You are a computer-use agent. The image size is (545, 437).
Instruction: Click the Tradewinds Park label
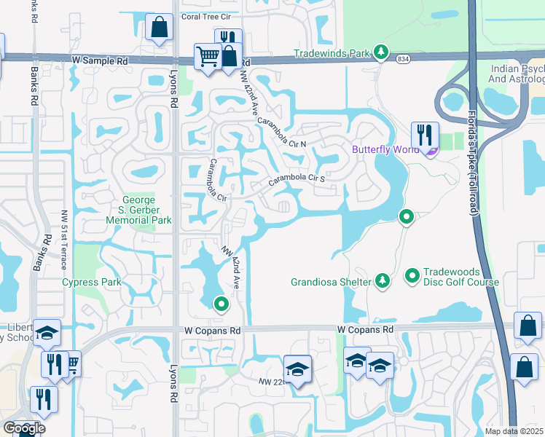coord(332,52)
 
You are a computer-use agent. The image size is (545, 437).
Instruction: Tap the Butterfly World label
coord(385,150)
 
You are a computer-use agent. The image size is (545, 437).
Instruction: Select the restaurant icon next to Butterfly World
coord(424,135)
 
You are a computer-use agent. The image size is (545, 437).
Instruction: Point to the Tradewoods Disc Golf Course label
coord(452,276)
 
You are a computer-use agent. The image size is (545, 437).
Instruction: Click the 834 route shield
coord(402,58)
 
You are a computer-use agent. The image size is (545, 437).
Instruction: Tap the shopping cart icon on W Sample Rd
coord(208,57)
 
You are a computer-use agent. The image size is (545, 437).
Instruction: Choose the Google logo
coord(23,428)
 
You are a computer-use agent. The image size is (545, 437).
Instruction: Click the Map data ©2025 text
coord(514,431)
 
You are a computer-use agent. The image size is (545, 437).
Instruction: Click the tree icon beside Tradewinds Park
coord(380,52)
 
